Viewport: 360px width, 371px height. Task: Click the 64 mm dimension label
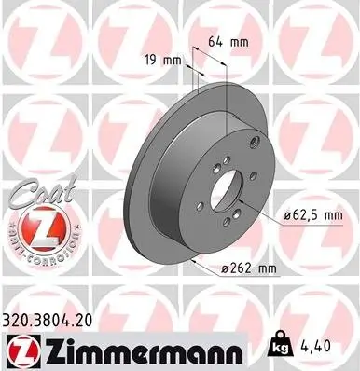(x=227, y=42)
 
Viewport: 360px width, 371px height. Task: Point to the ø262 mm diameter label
(x=249, y=270)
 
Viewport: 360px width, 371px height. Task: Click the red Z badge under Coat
(x=41, y=228)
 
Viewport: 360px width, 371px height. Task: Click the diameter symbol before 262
(x=228, y=270)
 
